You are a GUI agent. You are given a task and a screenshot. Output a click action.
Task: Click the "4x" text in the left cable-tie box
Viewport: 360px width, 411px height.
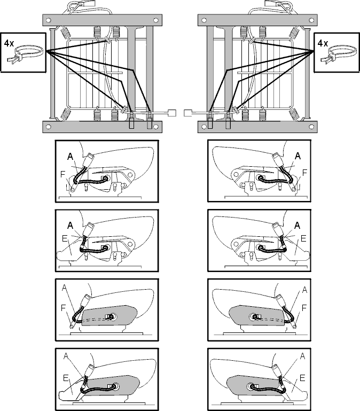[x=9, y=43]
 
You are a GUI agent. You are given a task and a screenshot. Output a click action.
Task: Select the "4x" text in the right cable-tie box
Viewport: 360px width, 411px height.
[x=323, y=43]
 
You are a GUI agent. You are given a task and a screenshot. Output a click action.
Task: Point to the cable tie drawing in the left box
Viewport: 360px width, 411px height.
[x=25, y=55]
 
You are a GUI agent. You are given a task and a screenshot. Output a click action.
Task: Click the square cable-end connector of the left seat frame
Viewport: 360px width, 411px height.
[x=172, y=113]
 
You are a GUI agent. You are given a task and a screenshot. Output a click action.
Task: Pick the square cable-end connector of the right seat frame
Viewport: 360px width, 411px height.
[x=188, y=113]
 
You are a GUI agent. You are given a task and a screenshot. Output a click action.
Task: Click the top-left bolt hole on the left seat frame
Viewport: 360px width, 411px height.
[x=48, y=20]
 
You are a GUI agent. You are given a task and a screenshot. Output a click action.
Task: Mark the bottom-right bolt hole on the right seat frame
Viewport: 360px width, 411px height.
[x=311, y=127]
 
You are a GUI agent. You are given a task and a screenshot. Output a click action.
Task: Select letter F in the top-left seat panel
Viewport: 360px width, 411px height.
[x=62, y=174]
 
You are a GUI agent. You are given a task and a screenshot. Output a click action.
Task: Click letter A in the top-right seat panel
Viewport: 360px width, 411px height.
[x=298, y=156]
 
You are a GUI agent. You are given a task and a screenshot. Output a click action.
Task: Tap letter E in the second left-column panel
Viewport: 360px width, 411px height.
[x=65, y=238]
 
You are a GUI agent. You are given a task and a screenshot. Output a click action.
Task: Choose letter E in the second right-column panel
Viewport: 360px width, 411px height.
[x=303, y=238]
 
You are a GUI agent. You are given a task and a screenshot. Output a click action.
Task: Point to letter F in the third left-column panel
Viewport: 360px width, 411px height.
[x=63, y=308]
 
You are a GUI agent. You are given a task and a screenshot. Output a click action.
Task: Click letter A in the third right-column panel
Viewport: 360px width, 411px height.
[x=304, y=290]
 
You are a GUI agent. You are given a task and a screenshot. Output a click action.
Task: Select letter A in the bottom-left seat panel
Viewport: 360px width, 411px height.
[x=66, y=356]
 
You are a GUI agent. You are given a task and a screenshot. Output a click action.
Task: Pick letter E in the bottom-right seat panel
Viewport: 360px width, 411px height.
[x=302, y=378]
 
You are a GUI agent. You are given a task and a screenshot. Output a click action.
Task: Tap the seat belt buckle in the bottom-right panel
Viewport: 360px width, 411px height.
[x=277, y=370]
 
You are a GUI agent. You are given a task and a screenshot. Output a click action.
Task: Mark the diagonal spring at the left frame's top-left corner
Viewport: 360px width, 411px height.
[x=66, y=33]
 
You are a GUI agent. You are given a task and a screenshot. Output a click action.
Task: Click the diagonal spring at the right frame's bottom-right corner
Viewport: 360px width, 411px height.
[x=293, y=114]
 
